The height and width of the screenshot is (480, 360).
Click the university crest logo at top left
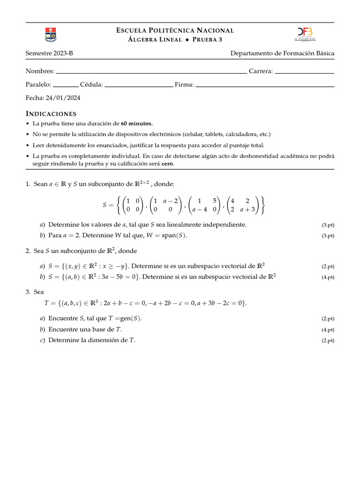[50, 34]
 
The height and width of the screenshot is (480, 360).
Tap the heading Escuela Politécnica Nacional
[175, 30]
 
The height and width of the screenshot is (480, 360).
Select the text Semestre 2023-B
[49, 53]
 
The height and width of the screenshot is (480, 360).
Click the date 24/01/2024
[63, 98]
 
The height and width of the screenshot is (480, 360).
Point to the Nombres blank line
[151, 73]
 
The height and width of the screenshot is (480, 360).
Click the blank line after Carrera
[304, 73]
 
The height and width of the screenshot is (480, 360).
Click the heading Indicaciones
[51, 114]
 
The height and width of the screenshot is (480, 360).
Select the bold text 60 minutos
[137, 124]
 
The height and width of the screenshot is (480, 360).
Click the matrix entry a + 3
[247, 210]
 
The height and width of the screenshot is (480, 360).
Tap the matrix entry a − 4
[200, 210]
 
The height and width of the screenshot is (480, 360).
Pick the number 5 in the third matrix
[214, 201]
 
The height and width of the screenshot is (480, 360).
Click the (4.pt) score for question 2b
[328, 277]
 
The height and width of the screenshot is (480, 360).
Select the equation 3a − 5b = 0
[120, 277]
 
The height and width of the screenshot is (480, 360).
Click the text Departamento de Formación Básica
[282, 53]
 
